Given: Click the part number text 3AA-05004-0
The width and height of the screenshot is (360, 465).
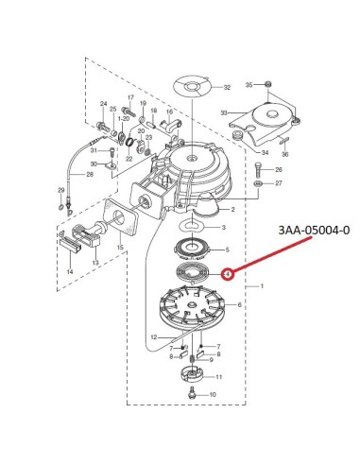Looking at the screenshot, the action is tap(314, 231).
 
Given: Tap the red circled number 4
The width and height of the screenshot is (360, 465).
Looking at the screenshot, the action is tap(228, 274).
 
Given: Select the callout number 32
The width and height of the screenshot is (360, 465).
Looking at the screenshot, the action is tap(227, 87).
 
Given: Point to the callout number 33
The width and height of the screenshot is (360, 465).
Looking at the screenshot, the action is tap(224, 112).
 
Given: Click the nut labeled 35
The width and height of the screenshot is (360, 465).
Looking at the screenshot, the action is tap(268, 84).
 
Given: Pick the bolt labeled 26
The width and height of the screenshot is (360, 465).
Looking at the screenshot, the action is tap(258, 170).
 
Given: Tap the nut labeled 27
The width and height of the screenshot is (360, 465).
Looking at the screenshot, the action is tap(258, 184).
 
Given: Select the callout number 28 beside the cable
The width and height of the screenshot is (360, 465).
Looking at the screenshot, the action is tap(90, 174).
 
